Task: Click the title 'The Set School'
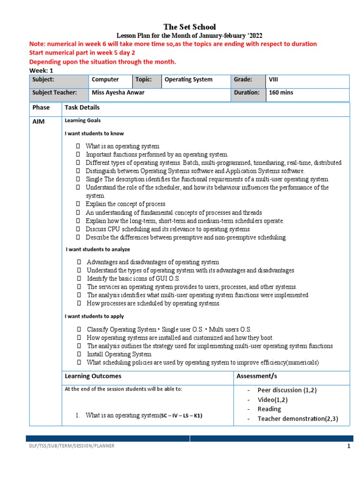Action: coord(189,27)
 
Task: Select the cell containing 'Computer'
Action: coord(105,80)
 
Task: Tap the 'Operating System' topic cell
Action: coord(188,80)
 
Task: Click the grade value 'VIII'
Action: coord(273,80)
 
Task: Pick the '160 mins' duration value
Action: coord(281,92)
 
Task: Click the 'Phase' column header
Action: coord(41,107)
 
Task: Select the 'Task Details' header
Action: coord(82,107)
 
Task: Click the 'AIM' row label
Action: coord(38,121)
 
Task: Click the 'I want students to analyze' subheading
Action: coord(98,249)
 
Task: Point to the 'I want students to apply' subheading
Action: coord(94,316)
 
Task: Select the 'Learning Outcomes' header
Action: coord(93,376)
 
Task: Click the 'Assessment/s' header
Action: coord(256,376)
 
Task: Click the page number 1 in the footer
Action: coord(348,446)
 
